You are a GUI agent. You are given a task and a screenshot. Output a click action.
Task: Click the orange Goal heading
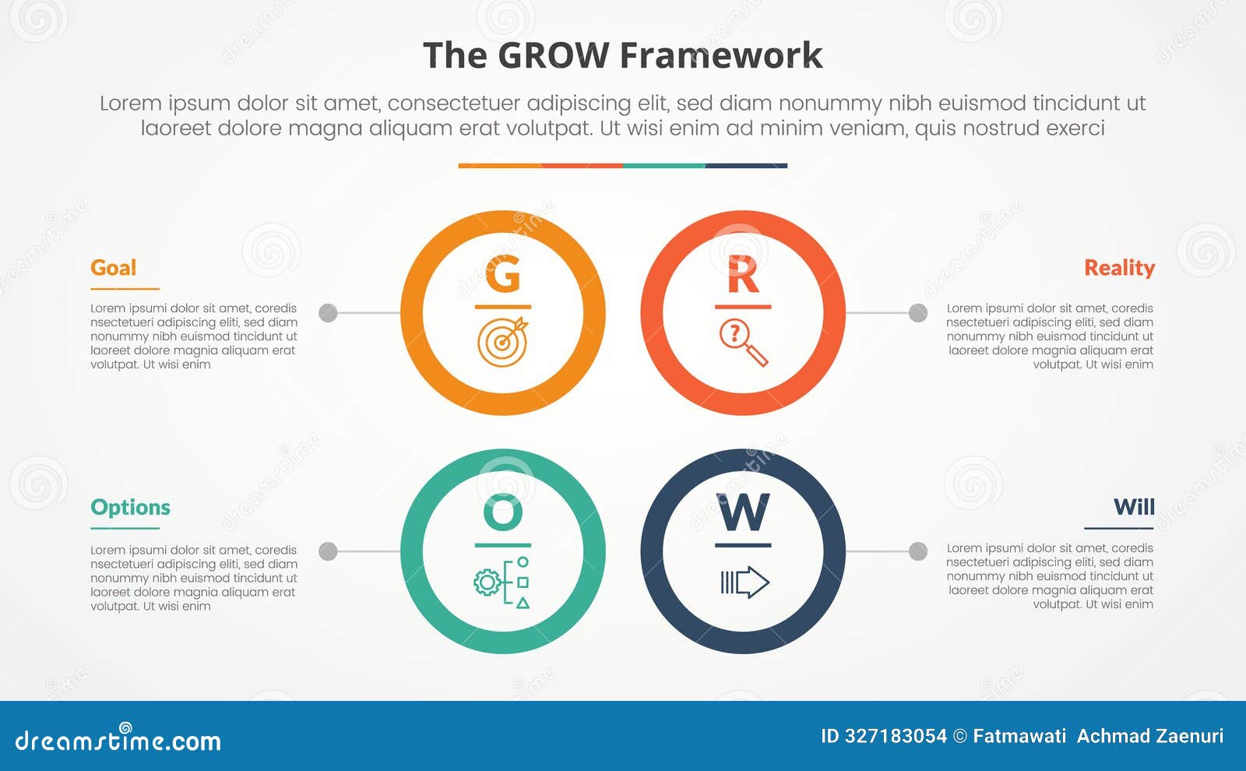[x=113, y=268]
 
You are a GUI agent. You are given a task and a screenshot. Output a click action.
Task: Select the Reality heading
[x=1119, y=268]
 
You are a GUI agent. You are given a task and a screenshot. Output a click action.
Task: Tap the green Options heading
[x=130, y=508]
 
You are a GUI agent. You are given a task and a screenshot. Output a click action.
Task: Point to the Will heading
[x=1134, y=507]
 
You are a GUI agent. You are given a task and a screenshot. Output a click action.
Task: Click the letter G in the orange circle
[x=502, y=274]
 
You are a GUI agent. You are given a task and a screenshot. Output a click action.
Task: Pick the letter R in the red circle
[x=743, y=274]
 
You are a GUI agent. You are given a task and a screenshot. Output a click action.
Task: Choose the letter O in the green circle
[x=502, y=512]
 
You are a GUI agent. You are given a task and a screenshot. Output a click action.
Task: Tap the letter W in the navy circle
[x=743, y=512]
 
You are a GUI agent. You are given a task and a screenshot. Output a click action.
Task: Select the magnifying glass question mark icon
[x=743, y=342]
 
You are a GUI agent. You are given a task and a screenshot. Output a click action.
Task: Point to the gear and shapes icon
[x=502, y=582]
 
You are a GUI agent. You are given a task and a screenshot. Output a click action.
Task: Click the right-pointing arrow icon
[x=744, y=582]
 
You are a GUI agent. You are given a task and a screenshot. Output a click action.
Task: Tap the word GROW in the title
[x=553, y=56]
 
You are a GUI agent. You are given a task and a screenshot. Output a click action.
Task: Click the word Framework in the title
[x=721, y=56]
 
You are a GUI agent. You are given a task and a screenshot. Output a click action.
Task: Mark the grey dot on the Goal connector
[x=329, y=313]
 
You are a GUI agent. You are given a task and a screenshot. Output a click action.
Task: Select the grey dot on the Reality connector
[x=918, y=313]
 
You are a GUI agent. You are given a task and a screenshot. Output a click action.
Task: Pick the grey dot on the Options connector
[x=329, y=551]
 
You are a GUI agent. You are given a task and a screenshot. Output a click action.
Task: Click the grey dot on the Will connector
[x=918, y=551]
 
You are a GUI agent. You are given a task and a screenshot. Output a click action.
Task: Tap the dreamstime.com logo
[x=118, y=740]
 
